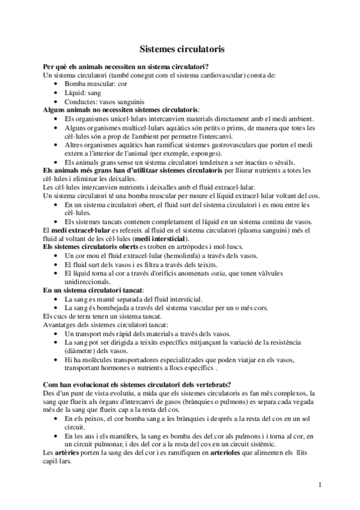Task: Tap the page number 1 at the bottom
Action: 320,484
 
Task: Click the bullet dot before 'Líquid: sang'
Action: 56,93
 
